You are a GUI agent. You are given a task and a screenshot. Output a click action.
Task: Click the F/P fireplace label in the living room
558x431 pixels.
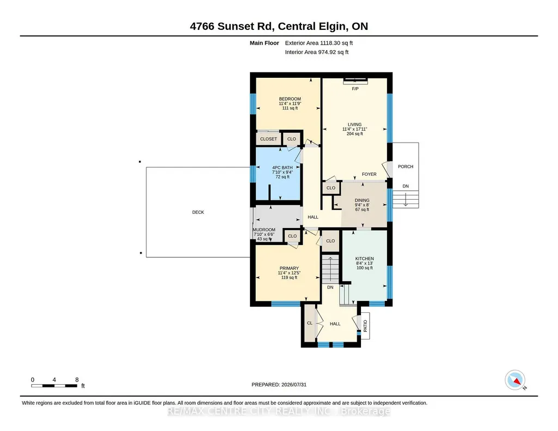pyautogui.click(x=355, y=89)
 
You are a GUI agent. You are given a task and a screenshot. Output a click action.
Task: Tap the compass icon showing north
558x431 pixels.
pyautogui.click(x=515, y=380)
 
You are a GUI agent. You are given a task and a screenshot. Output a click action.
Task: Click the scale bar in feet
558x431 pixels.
pyautogui.click(x=54, y=385)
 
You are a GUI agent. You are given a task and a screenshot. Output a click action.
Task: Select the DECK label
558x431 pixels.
pyautogui.click(x=198, y=212)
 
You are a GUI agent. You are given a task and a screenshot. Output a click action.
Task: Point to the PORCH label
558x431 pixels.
pyautogui.click(x=406, y=167)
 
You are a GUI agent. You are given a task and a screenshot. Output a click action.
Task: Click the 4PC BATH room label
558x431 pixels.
pyautogui.click(x=283, y=168)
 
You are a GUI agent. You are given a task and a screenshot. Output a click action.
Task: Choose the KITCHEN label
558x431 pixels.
pyautogui.click(x=364, y=258)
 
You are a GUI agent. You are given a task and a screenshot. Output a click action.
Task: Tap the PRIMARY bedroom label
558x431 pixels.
pyautogui.click(x=289, y=268)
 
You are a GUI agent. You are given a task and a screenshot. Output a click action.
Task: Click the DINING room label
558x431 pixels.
pyautogui.click(x=362, y=200)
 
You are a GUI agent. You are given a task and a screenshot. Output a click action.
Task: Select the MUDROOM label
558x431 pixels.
pyautogui.click(x=264, y=230)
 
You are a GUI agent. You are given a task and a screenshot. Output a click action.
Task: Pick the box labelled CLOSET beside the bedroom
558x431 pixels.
pyautogui.click(x=268, y=139)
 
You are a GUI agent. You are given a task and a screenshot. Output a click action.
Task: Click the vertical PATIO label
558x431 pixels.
pyautogui.click(x=365, y=326)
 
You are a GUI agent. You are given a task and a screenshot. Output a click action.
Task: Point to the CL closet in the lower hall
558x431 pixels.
pyautogui.click(x=310, y=323)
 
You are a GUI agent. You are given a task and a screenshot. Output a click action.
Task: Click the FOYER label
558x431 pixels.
pyautogui.click(x=369, y=174)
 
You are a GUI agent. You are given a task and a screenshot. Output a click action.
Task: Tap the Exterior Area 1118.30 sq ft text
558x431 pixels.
pyautogui.click(x=319, y=43)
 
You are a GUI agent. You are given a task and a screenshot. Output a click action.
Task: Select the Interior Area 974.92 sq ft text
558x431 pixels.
pyautogui.click(x=317, y=52)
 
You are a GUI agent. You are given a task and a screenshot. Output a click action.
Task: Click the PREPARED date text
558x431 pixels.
pyautogui.click(x=279, y=385)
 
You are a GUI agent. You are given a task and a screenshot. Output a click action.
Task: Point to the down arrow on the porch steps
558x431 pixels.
pyautogui.click(x=406, y=200)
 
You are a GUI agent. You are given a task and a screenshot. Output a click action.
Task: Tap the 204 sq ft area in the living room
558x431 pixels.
pyautogui.click(x=355, y=134)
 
